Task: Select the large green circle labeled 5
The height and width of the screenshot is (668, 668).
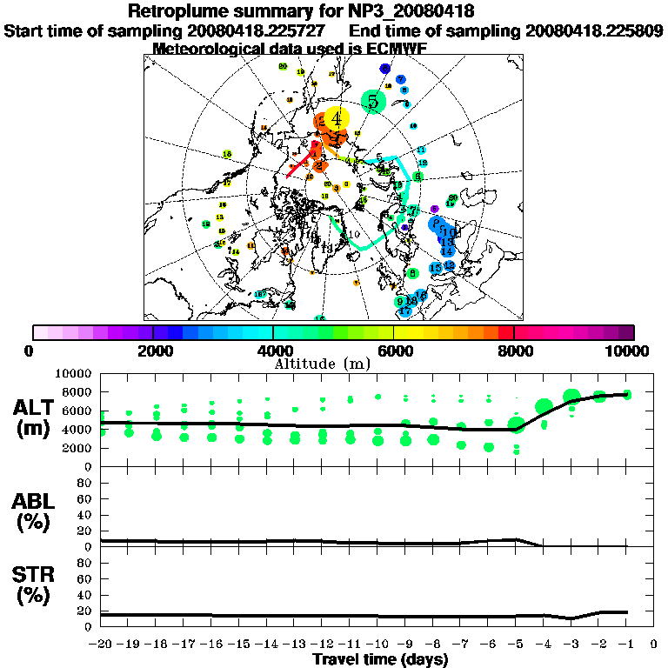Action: [x=373, y=102]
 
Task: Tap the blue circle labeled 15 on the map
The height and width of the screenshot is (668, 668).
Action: [x=437, y=268]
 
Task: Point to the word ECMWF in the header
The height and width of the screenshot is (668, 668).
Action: [x=397, y=49]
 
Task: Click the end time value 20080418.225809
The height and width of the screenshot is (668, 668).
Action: [x=594, y=30]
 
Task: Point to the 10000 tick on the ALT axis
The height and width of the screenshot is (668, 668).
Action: [x=74, y=373]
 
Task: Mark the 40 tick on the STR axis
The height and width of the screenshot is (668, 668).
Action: [x=86, y=594]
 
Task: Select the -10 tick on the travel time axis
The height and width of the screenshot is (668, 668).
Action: [x=377, y=645]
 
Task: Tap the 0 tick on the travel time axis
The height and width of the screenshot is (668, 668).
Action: [x=653, y=645]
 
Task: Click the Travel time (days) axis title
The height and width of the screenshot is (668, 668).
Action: [x=380, y=659]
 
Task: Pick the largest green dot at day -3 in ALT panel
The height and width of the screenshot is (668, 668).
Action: [x=571, y=397]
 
